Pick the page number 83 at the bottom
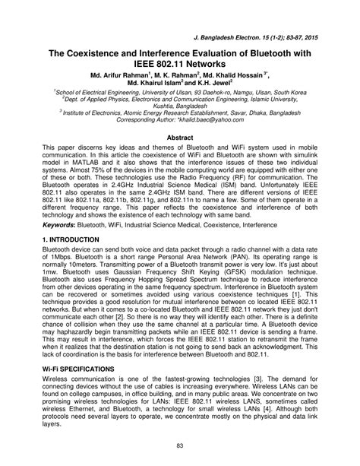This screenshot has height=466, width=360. tap(180, 445)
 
